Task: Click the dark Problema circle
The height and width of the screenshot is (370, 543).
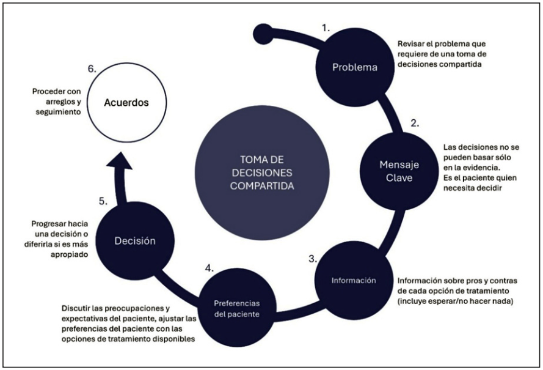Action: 355,67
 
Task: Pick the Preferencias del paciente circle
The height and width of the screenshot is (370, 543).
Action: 236,308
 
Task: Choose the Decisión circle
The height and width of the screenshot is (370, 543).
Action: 135,240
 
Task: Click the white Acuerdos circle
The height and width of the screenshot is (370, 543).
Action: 126,103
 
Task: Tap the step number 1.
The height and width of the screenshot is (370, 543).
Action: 326,28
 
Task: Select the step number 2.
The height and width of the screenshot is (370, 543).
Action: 415,123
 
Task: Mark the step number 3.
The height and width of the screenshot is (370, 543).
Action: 312,259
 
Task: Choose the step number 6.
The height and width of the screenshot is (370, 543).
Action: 92,69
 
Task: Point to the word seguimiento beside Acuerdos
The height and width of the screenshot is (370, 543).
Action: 59,113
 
